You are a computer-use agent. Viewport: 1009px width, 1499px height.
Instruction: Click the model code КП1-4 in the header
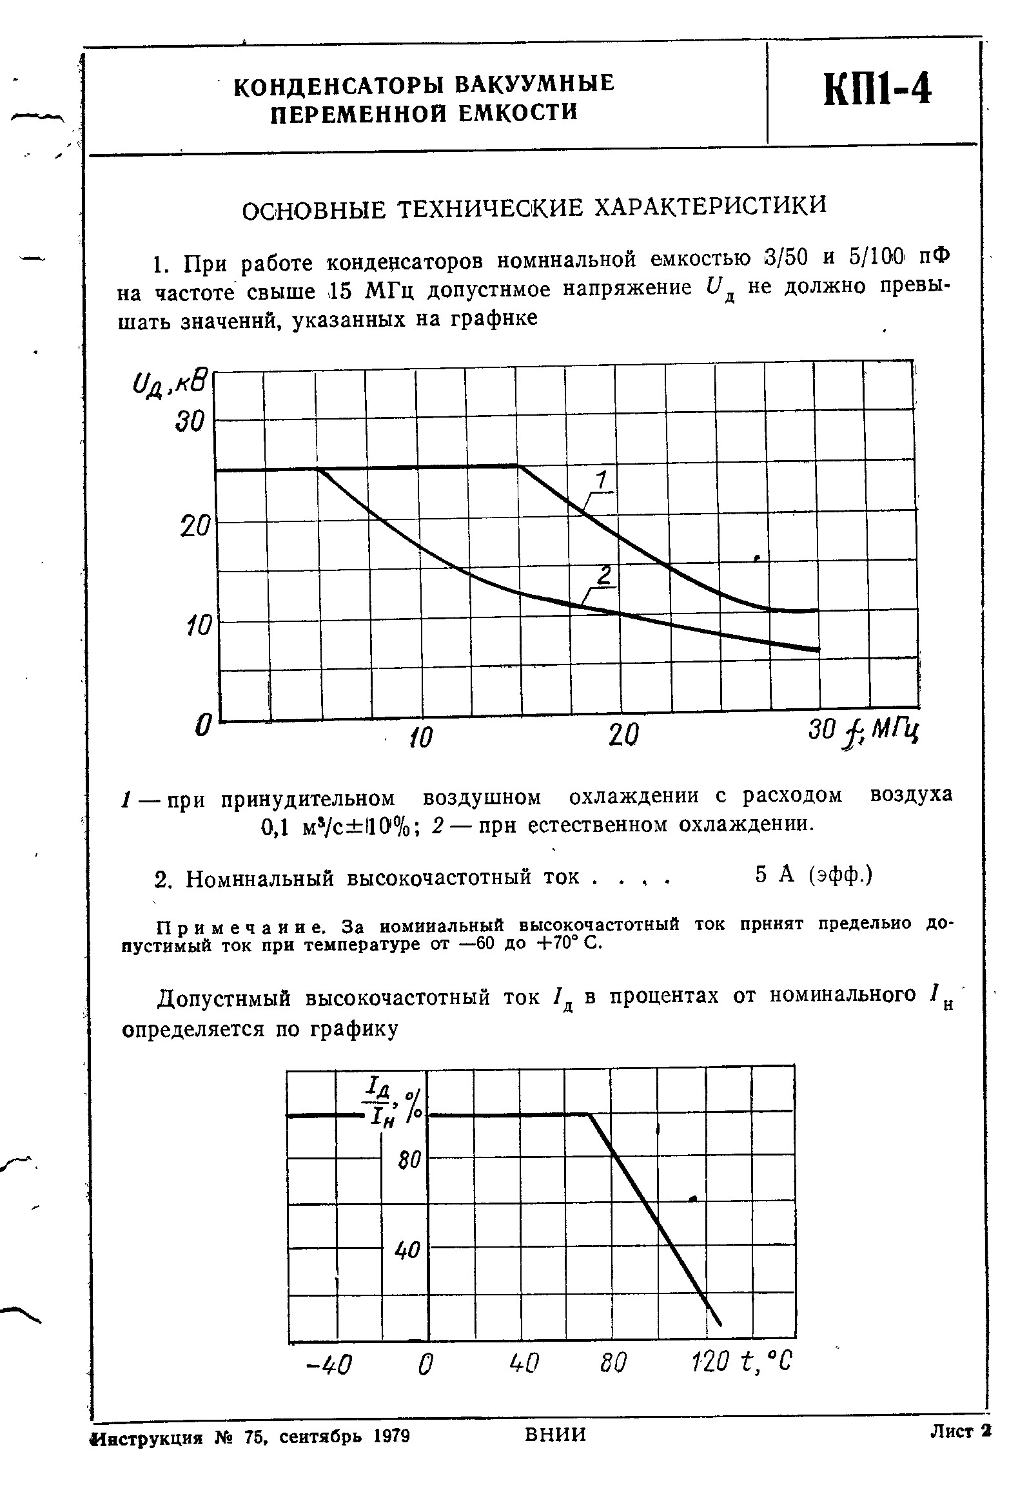point(878,90)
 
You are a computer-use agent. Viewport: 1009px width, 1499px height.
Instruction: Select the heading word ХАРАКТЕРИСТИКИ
point(709,207)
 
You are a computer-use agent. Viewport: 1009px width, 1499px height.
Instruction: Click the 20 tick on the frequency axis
point(623,735)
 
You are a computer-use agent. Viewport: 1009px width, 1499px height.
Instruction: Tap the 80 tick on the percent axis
point(409,1161)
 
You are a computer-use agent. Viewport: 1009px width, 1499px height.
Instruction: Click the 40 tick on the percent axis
point(407,1251)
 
